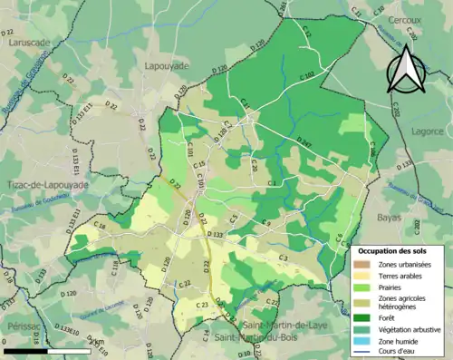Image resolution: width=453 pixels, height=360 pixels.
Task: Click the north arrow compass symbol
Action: pos(406,68)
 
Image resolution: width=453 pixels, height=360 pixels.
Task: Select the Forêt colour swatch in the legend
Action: pos(363,316)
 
